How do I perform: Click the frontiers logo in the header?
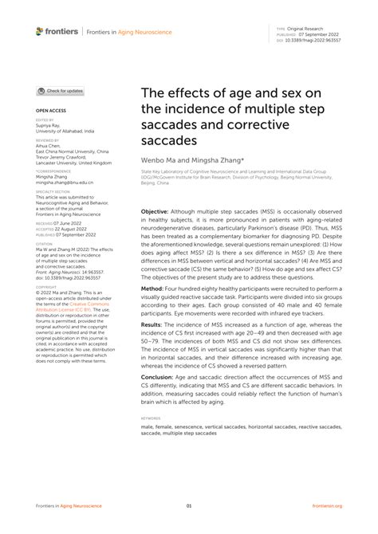pos(57,30)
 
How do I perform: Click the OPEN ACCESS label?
pos(49,111)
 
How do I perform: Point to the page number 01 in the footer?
pos(189,505)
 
